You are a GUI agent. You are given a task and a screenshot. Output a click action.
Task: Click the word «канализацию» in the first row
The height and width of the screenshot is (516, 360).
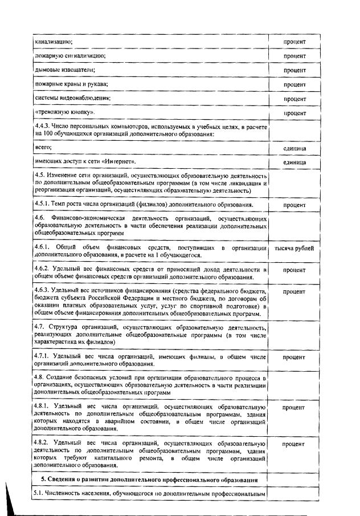[53, 42]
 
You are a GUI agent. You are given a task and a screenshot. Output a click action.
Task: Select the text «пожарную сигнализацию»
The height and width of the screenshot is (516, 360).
[71, 56]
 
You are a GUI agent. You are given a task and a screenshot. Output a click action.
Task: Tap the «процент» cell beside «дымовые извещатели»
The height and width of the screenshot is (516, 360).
[294, 70]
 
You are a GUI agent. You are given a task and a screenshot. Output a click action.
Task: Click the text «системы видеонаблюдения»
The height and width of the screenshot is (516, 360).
[72, 97]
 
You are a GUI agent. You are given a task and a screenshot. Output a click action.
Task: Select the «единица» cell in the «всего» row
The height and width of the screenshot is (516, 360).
[294, 148]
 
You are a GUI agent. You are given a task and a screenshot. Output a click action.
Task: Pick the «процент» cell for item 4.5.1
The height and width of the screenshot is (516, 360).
[294, 205]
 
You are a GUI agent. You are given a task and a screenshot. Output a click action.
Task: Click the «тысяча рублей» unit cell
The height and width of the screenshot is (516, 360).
[294, 249]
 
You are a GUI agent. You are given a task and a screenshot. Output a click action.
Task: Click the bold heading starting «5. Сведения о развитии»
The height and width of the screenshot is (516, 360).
[150, 480]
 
